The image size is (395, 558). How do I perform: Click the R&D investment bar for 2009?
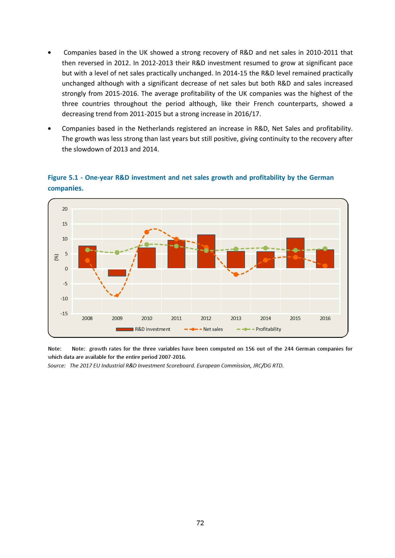pos(117,273)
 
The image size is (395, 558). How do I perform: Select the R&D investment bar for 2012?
pos(206,251)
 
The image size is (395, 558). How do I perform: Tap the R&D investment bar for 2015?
pos(295,253)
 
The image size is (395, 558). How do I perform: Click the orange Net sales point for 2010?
pos(147,232)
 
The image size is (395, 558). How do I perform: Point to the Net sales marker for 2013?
pos(236,275)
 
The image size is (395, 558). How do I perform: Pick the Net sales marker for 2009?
pos(117,296)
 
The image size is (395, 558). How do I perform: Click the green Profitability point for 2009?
pos(117,253)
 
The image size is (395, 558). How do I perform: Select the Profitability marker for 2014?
pos(265,248)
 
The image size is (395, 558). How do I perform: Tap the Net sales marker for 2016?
pos(325,266)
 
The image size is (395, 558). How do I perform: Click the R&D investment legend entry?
pos(143,329)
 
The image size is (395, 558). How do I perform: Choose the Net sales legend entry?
pos(204,329)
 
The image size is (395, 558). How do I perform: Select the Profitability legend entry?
pos(259,329)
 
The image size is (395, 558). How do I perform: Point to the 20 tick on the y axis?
pos(65,209)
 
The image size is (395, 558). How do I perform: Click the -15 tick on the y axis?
pos(64,314)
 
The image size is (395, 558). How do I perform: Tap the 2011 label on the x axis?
pos(176,318)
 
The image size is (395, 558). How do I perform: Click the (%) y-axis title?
pos(56,257)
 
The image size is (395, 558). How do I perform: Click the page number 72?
pos(200,523)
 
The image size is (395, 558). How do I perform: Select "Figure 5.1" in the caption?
pos(63,178)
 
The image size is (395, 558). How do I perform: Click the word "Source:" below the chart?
pos(57,366)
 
